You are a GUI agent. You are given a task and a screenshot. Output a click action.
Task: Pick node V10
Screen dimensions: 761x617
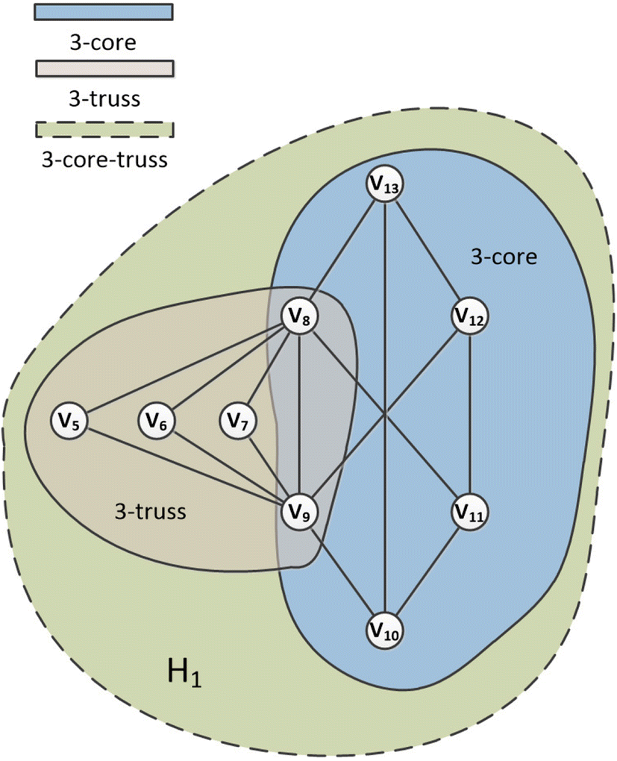pos(385,631)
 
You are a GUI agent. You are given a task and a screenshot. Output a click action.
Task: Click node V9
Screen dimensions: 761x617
pos(298,512)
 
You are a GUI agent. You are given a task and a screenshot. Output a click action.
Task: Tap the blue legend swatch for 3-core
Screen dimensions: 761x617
pos(104,12)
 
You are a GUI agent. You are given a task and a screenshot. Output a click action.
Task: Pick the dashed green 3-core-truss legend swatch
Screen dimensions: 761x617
pos(104,128)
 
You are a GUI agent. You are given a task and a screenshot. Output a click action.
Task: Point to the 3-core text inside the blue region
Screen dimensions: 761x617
pos(504,258)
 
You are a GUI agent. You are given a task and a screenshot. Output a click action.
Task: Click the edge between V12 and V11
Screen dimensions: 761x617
pos(469,415)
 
